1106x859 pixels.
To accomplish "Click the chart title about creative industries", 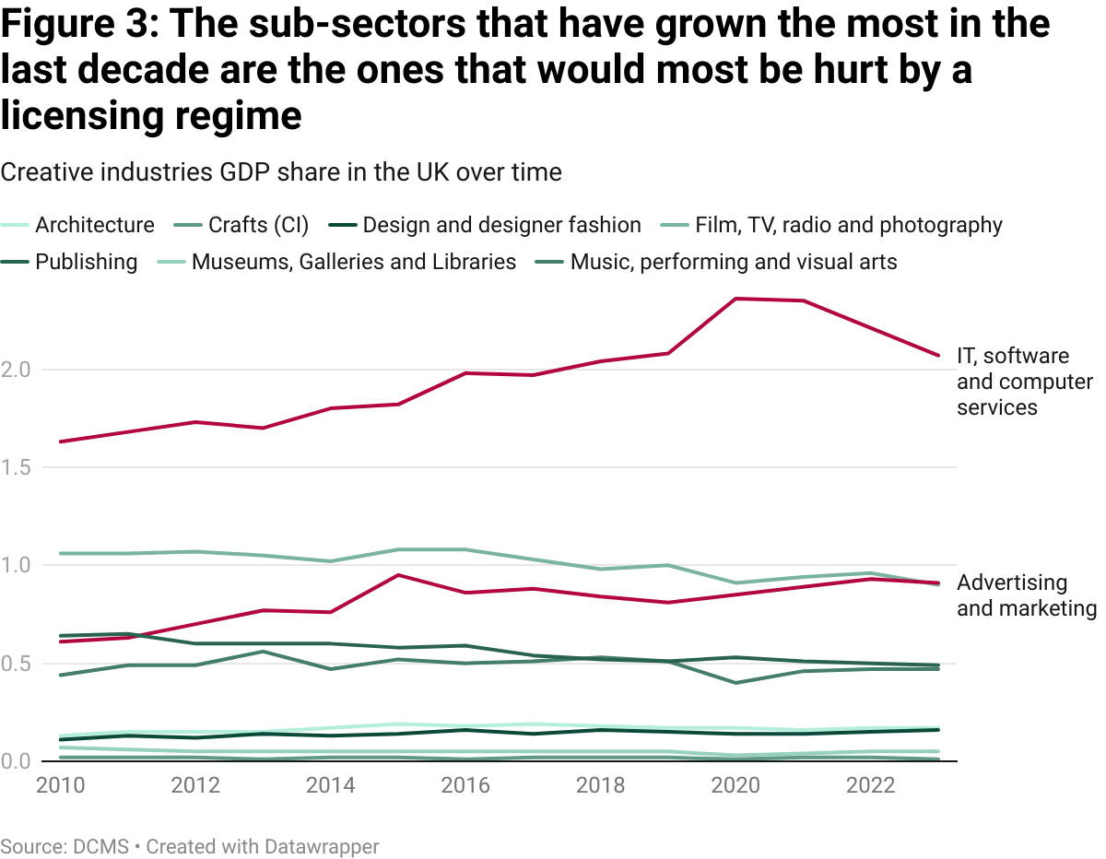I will (281, 172).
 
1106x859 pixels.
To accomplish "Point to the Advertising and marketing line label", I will (1026, 595).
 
